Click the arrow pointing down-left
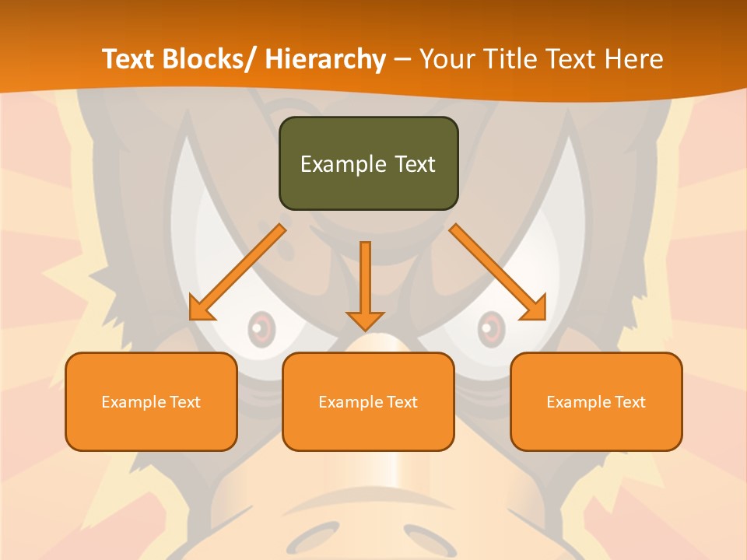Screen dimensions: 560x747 click(237, 272)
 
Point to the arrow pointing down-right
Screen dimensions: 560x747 click(498, 272)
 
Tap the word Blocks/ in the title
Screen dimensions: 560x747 click(209, 59)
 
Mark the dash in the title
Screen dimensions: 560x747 click(402, 60)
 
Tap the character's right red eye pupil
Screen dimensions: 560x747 click(489, 328)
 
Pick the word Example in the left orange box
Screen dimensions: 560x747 click(133, 402)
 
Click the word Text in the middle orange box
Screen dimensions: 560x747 click(402, 402)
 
